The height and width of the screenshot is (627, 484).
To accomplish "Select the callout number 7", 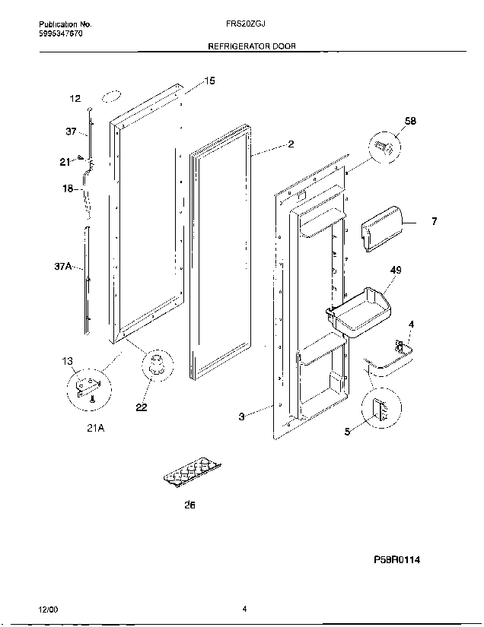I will [x=435, y=222].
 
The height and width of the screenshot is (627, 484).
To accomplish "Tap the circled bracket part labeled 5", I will [x=379, y=410].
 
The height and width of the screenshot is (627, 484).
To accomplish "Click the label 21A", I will [x=95, y=429].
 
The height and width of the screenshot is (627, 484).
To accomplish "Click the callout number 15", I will [x=210, y=81].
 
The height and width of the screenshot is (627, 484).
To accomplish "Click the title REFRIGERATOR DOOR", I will [x=252, y=46].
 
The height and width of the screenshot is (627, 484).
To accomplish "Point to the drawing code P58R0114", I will [x=396, y=560].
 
